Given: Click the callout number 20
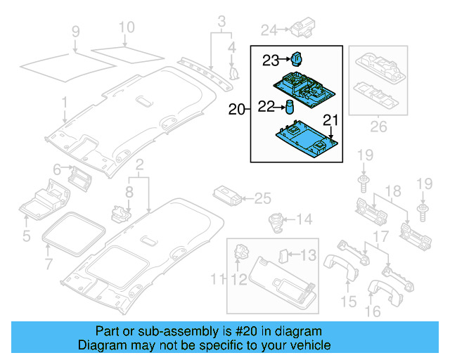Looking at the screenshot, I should click(x=237, y=109).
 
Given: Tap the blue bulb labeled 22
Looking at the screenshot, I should click(x=288, y=106).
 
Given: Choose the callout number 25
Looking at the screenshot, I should click(x=262, y=199).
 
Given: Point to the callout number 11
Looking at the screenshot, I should click(x=218, y=282).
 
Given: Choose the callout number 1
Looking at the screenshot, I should click(x=64, y=103).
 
